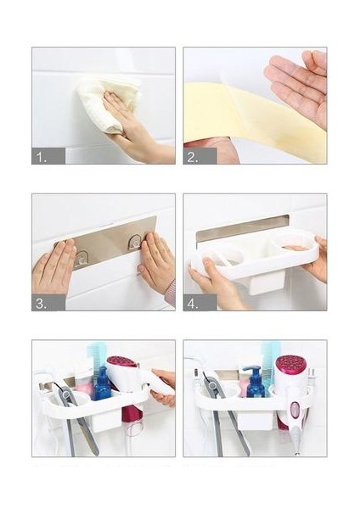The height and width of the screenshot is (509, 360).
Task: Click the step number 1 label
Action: click(x=42, y=158)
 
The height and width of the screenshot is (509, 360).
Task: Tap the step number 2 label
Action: click(x=193, y=158)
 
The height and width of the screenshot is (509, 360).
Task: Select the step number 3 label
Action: click(x=42, y=305)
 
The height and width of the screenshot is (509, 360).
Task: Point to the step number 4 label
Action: click(x=193, y=305)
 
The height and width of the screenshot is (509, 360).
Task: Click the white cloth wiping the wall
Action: click(x=109, y=103)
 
